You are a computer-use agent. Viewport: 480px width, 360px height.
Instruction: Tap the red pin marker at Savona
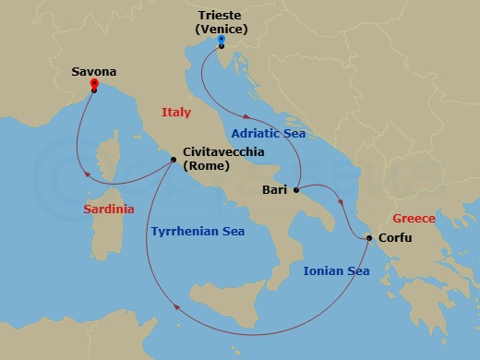(94, 84)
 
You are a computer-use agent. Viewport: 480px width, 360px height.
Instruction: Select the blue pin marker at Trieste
(222, 40)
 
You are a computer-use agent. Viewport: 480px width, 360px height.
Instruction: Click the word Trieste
(222, 16)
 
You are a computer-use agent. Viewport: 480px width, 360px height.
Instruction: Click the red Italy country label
(175, 112)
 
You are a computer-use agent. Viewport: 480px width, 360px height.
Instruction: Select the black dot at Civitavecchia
(174, 159)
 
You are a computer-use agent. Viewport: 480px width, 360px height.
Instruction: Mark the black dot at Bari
(295, 191)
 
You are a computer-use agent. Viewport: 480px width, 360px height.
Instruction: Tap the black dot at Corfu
(369, 239)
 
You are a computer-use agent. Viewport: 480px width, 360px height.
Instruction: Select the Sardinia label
(109, 210)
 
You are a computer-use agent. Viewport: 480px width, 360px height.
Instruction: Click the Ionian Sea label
(336, 271)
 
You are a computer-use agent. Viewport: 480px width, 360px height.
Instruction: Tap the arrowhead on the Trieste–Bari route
(248, 116)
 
